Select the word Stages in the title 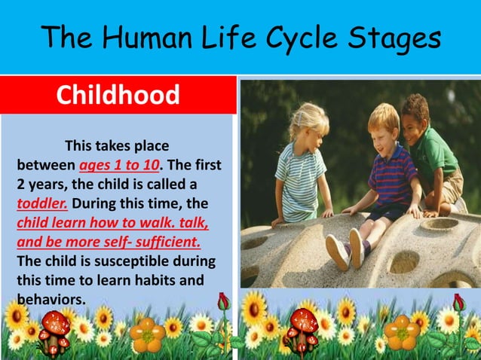(x=398, y=37)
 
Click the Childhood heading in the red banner (x=118, y=96)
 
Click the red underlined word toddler (x=42, y=203)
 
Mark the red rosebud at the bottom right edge (x=458, y=304)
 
